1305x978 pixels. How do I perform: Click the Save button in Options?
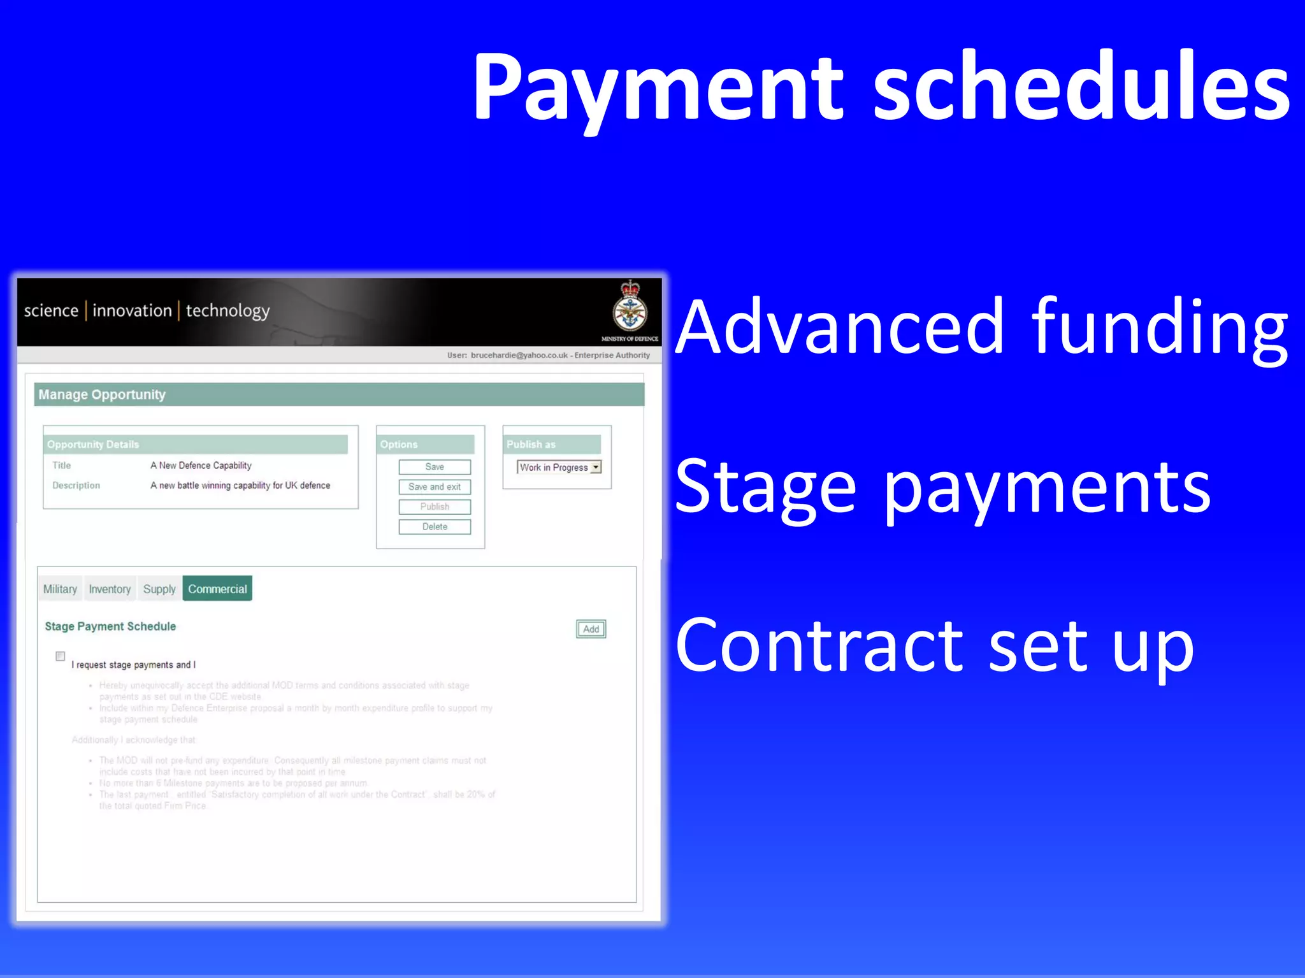pyautogui.click(x=435, y=467)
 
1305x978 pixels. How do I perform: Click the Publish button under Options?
pyautogui.click(x=435, y=507)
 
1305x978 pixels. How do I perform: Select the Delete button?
pyautogui.click(x=435, y=527)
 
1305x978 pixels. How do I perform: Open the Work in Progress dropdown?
pyautogui.click(x=595, y=467)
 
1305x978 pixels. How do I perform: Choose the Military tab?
pyautogui.click(x=60, y=589)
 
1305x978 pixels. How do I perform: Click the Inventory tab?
pyautogui.click(x=110, y=589)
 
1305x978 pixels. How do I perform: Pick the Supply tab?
pyautogui.click(x=159, y=589)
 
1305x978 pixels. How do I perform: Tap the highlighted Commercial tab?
pyautogui.click(x=217, y=589)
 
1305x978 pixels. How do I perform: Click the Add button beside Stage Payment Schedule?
pyautogui.click(x=591, y=629)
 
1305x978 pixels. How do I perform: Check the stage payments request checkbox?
pyautogui.click(x=61, y=656)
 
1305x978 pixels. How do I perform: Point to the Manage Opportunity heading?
pyautogui.click(x=102, y=394)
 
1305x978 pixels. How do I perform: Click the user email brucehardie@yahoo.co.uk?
pyautogui.click(x=519, y=356)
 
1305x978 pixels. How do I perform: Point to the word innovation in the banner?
pyautogui.click(x=132, y=311)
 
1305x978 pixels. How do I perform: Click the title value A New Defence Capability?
pyautogui.click(x=201, y=466)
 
